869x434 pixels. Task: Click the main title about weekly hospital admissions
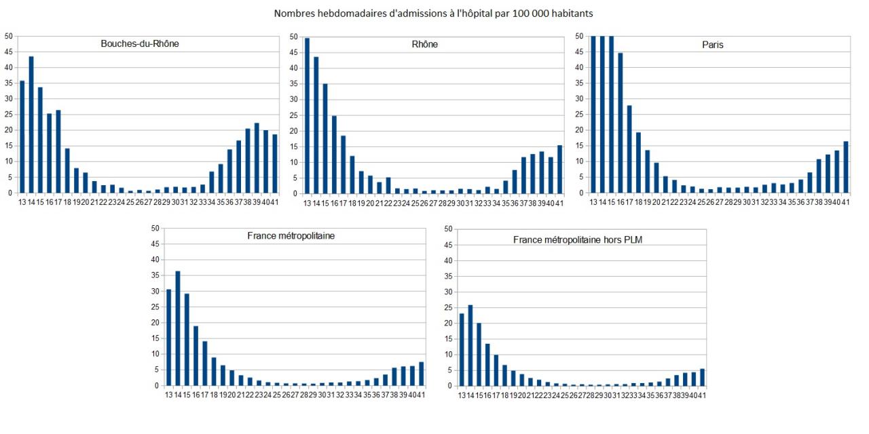click(434, 13)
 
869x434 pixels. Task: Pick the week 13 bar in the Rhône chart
click(308, 115)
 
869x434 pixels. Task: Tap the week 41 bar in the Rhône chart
click(559, 169)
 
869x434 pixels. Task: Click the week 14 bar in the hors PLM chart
click(470, 345)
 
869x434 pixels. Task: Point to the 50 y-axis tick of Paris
click(579, 36)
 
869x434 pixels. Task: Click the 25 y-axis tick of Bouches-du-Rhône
click(7, 115)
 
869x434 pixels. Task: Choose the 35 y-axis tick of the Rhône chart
click(294, 83)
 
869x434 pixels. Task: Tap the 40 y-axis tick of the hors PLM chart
click(447, 260)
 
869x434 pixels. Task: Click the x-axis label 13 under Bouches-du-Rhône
click(22, 201)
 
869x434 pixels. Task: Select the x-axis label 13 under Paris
click(594, 201)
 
